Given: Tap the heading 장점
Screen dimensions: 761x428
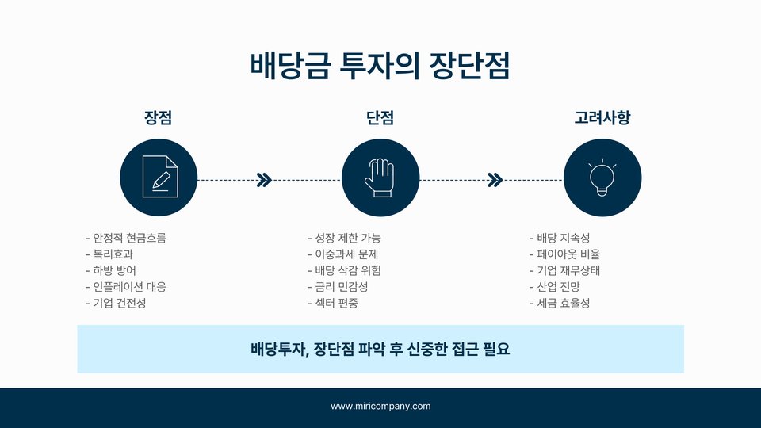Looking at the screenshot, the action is (159, 118).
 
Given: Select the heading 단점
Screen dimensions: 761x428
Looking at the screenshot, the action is (380, 118).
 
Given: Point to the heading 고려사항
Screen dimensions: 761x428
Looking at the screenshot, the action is (602, 118).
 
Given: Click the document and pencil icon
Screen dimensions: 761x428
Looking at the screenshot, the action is (159, 178).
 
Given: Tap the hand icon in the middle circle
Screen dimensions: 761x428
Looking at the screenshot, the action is (380, 178).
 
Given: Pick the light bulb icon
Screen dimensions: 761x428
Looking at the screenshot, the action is (602, 178).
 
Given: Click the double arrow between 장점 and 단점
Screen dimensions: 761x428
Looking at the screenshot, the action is (265, 180).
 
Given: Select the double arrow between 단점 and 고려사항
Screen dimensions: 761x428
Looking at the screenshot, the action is (495, 180).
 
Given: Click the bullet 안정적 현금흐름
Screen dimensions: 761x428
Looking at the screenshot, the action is (129, 238).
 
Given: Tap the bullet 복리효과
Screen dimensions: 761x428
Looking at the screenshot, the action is (113, 254).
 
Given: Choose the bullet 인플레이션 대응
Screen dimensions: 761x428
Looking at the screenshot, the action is (129, 287).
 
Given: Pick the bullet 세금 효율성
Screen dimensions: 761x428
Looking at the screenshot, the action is (563, 303).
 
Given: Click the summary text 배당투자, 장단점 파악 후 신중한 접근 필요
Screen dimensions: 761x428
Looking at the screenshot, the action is (380, 349).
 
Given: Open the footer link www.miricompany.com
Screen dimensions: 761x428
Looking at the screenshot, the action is (380, 406).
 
